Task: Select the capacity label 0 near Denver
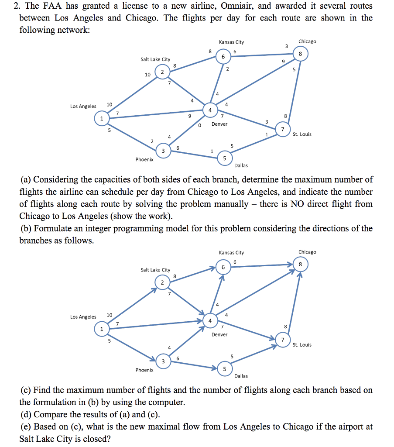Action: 199,125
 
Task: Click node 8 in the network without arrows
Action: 299,54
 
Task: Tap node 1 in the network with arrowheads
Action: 102,329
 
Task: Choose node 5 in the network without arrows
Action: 225,158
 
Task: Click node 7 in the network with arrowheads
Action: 282,339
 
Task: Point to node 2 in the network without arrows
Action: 162,72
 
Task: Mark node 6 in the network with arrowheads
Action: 223,267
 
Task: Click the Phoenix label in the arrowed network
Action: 144,370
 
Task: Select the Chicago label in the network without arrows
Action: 307,41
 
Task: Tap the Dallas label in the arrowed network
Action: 241,376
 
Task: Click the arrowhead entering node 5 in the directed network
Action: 215,368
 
